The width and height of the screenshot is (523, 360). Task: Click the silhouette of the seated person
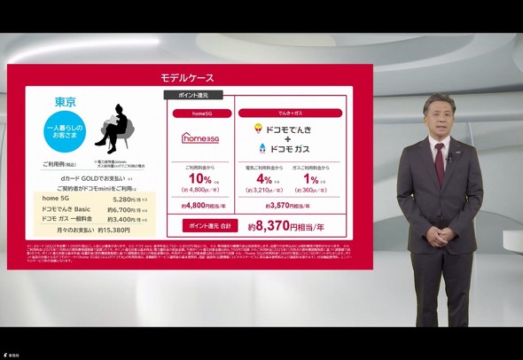(116, 131)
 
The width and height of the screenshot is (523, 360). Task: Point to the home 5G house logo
(199, 137)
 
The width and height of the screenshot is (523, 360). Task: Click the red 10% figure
(195, 178)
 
